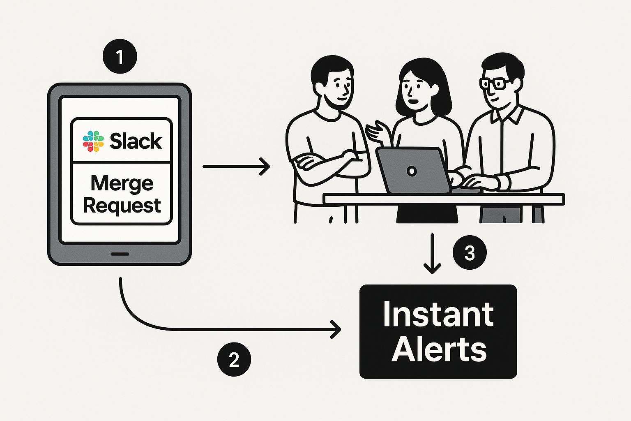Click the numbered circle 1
coord(120,57)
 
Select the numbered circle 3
coord(470,252)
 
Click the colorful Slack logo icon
coord(93,141)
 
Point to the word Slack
coord(136,141)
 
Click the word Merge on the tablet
coord(122,183)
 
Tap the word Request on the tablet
coord(122,205)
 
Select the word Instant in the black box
coord(438,315)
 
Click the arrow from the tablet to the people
coord(236,167)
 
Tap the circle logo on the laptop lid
coord(411,171)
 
